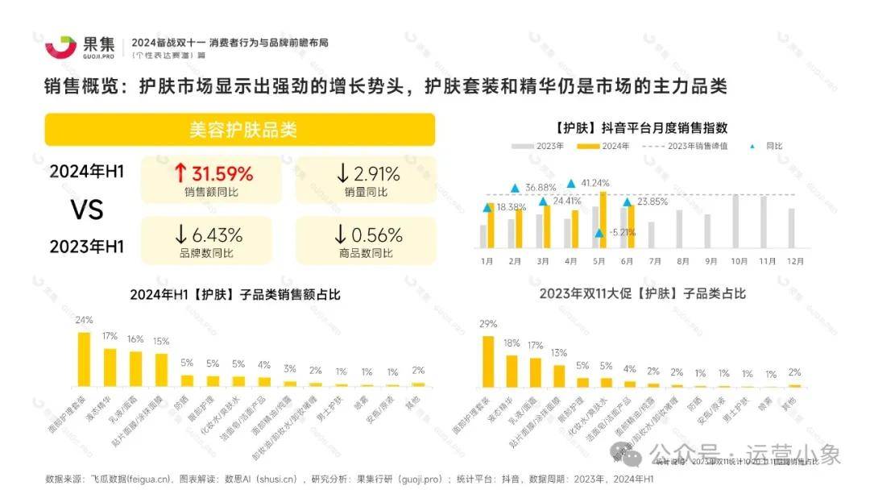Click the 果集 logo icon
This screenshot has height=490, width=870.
60,47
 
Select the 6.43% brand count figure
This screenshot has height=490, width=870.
209,235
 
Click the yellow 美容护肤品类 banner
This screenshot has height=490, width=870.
240,129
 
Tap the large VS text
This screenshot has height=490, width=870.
86,210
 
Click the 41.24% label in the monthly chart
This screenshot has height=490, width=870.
595,183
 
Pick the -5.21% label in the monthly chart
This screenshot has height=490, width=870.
620,233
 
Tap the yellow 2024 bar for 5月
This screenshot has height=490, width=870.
603,219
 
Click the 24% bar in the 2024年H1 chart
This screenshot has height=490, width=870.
85,359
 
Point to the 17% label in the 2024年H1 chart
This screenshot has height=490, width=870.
110,335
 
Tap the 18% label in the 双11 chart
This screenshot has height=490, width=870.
512,343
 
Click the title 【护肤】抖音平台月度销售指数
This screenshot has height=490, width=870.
641,127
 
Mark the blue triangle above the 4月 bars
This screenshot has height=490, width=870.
571,184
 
